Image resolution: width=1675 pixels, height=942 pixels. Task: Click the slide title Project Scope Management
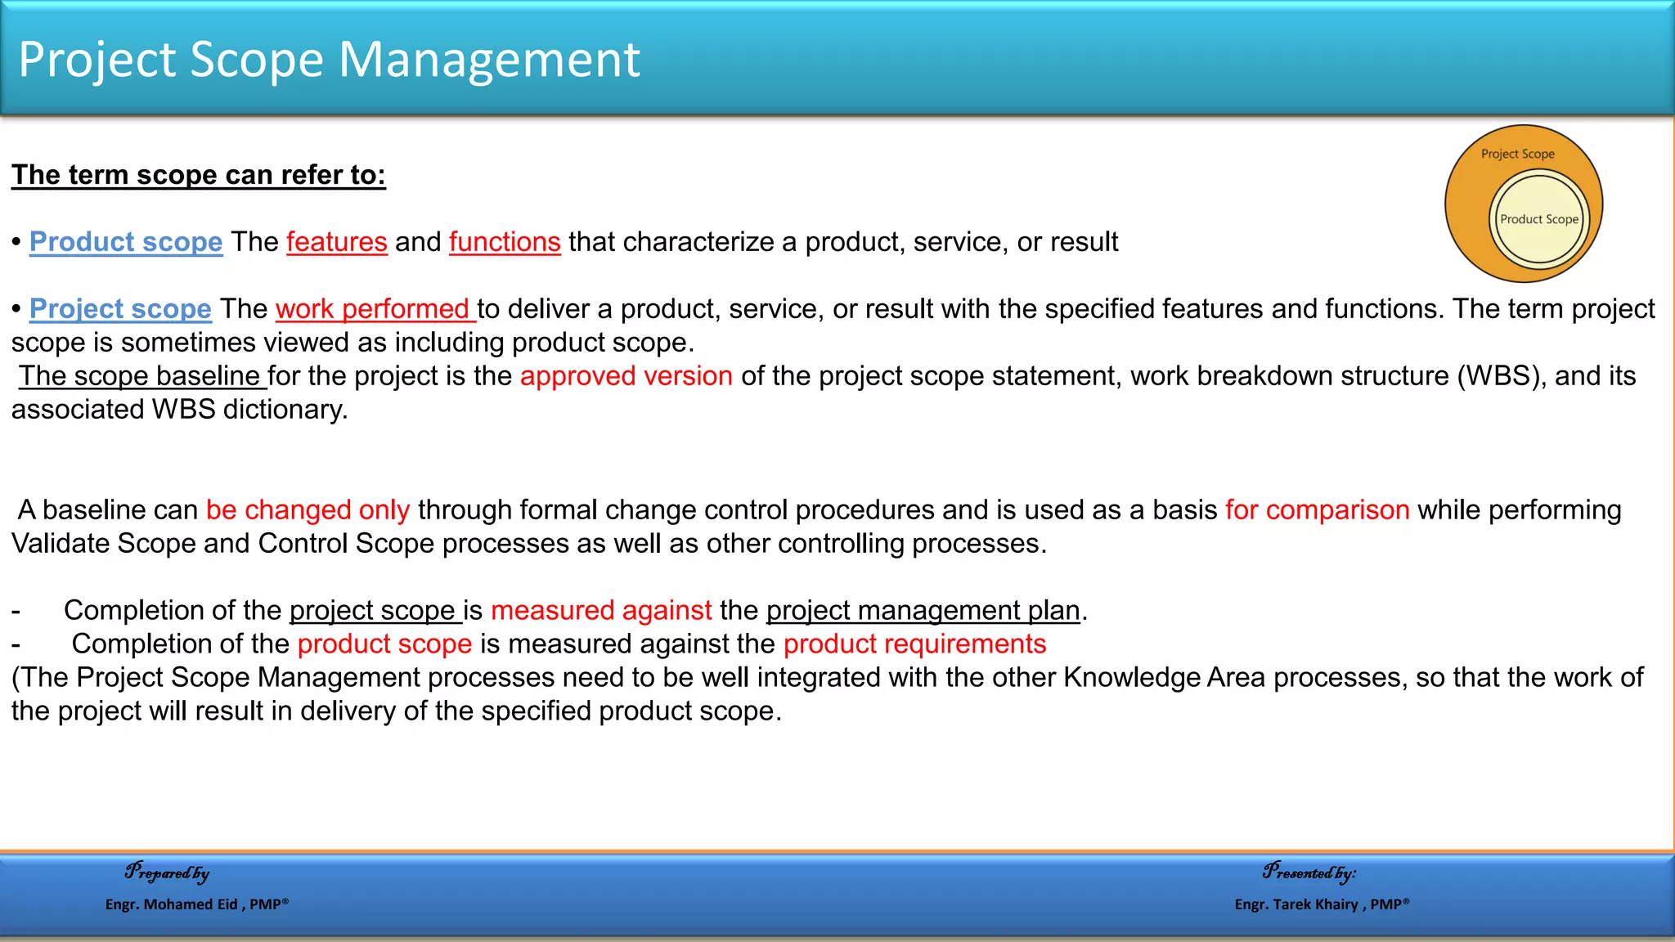(x=329, y=60)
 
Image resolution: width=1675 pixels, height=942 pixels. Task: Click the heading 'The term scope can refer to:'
(x=198, y=175)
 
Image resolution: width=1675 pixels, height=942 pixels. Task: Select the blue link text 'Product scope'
(x=126, y=242)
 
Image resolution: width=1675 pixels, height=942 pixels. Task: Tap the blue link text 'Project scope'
(x=120, y=309)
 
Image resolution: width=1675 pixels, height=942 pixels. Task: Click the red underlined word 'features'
(x=336, y=242)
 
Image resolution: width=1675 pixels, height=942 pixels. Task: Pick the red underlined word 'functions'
(x=505, y=242)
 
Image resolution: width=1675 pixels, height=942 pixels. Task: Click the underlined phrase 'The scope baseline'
(x=140, y=376)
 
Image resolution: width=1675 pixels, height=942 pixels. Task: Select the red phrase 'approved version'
(x=626, y=376)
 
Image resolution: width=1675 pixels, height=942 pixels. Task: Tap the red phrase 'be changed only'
(x=308, y=510)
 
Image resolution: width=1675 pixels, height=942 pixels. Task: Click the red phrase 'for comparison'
(x=1317, y=510)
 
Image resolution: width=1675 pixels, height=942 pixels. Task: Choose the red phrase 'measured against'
(x=601, y=611)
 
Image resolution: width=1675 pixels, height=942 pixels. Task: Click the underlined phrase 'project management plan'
(x=923, y=611)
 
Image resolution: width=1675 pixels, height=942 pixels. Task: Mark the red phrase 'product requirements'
(x=914, y=644)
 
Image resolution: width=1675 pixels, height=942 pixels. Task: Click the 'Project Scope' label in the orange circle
(x=1517, y=154)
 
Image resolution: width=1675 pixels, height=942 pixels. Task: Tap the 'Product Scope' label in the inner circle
(x=1538, y=219)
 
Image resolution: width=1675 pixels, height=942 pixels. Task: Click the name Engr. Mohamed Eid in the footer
(x=172, y=904)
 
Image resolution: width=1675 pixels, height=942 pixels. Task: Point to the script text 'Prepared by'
(x=167, y=872)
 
